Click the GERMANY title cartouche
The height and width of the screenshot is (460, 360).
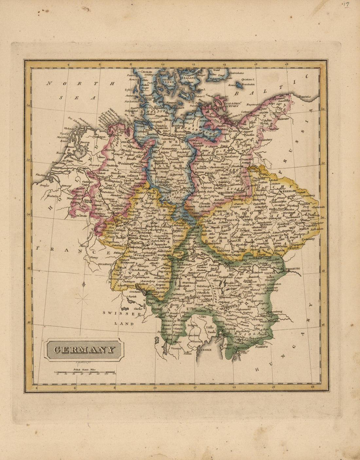click(84, 350)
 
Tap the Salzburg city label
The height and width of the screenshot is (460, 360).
click(203, 286)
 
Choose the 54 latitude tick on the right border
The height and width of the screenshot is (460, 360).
click(323, 109)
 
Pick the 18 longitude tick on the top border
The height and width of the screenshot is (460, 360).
click(286, 65)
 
